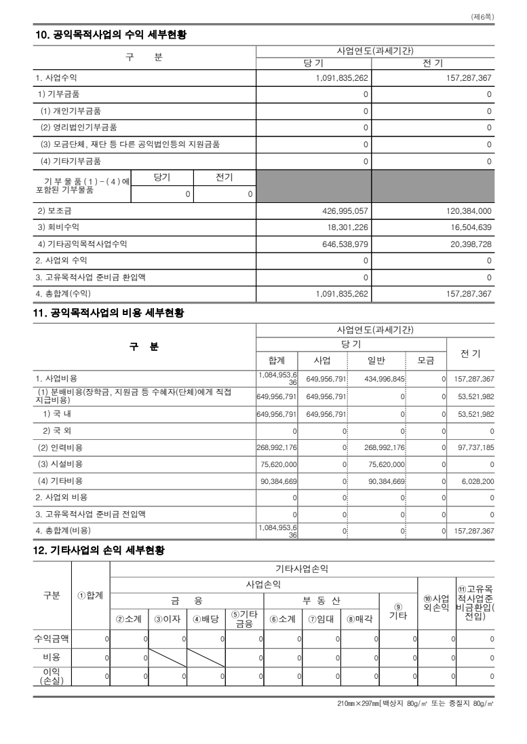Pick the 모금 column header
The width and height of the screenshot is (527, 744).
pyautogui.click(x=425, y=360)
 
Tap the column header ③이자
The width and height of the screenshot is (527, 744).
pyautogui.click(x=167, y=619)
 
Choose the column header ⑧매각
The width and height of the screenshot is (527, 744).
pyautogui.click(x=359, y=619)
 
